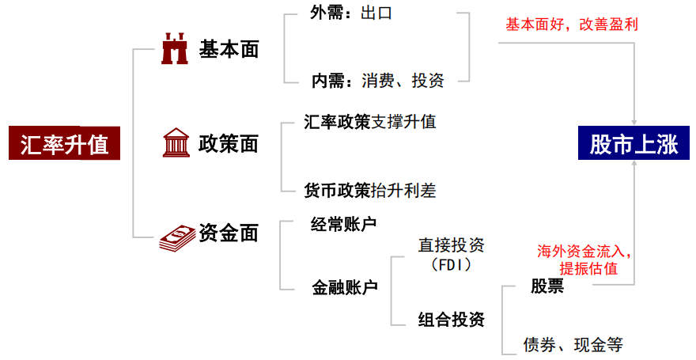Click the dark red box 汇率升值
coord(65,144)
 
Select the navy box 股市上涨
coord(634,144)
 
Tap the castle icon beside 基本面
coord(175,49)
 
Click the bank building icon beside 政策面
coord(175,143)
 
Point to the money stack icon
coord(177,237)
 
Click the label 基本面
coord(229,49)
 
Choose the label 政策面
coord(229,143)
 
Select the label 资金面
coord(229,233)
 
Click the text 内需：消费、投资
coord(377,80)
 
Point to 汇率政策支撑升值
coord(369,122)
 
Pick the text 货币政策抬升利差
coord(369,190)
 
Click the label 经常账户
coord(343,224)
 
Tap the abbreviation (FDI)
coord(451,264)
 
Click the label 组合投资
coord(451,320)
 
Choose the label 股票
coord(547,286)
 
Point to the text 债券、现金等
coord(573,345)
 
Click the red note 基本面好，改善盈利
coord(572,25)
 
